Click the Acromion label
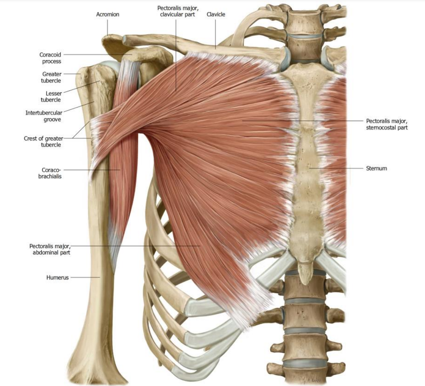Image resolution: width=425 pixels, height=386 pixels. pos(108,14)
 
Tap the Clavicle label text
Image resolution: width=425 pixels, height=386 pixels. pos(216,14)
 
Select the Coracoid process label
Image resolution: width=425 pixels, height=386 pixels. pos(50,58)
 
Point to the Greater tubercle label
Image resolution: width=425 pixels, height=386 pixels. pos(51,77)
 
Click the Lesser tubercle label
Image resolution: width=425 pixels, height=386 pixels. pos(51,96)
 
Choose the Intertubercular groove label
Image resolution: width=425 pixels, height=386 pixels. pos(44,116)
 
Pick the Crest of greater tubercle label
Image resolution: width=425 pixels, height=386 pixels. pos(43,141)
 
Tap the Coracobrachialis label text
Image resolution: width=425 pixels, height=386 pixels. pos(50,173)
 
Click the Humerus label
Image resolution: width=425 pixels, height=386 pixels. pos(58,277)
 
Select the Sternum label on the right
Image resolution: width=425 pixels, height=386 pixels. pos(377,168)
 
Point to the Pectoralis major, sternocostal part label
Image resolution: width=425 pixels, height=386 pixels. pos(387,124)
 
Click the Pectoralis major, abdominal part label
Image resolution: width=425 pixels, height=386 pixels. pos(50,249)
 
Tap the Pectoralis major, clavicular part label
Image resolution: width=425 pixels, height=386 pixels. pos(177,11)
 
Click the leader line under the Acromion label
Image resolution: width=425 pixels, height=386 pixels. pos(107,27)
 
